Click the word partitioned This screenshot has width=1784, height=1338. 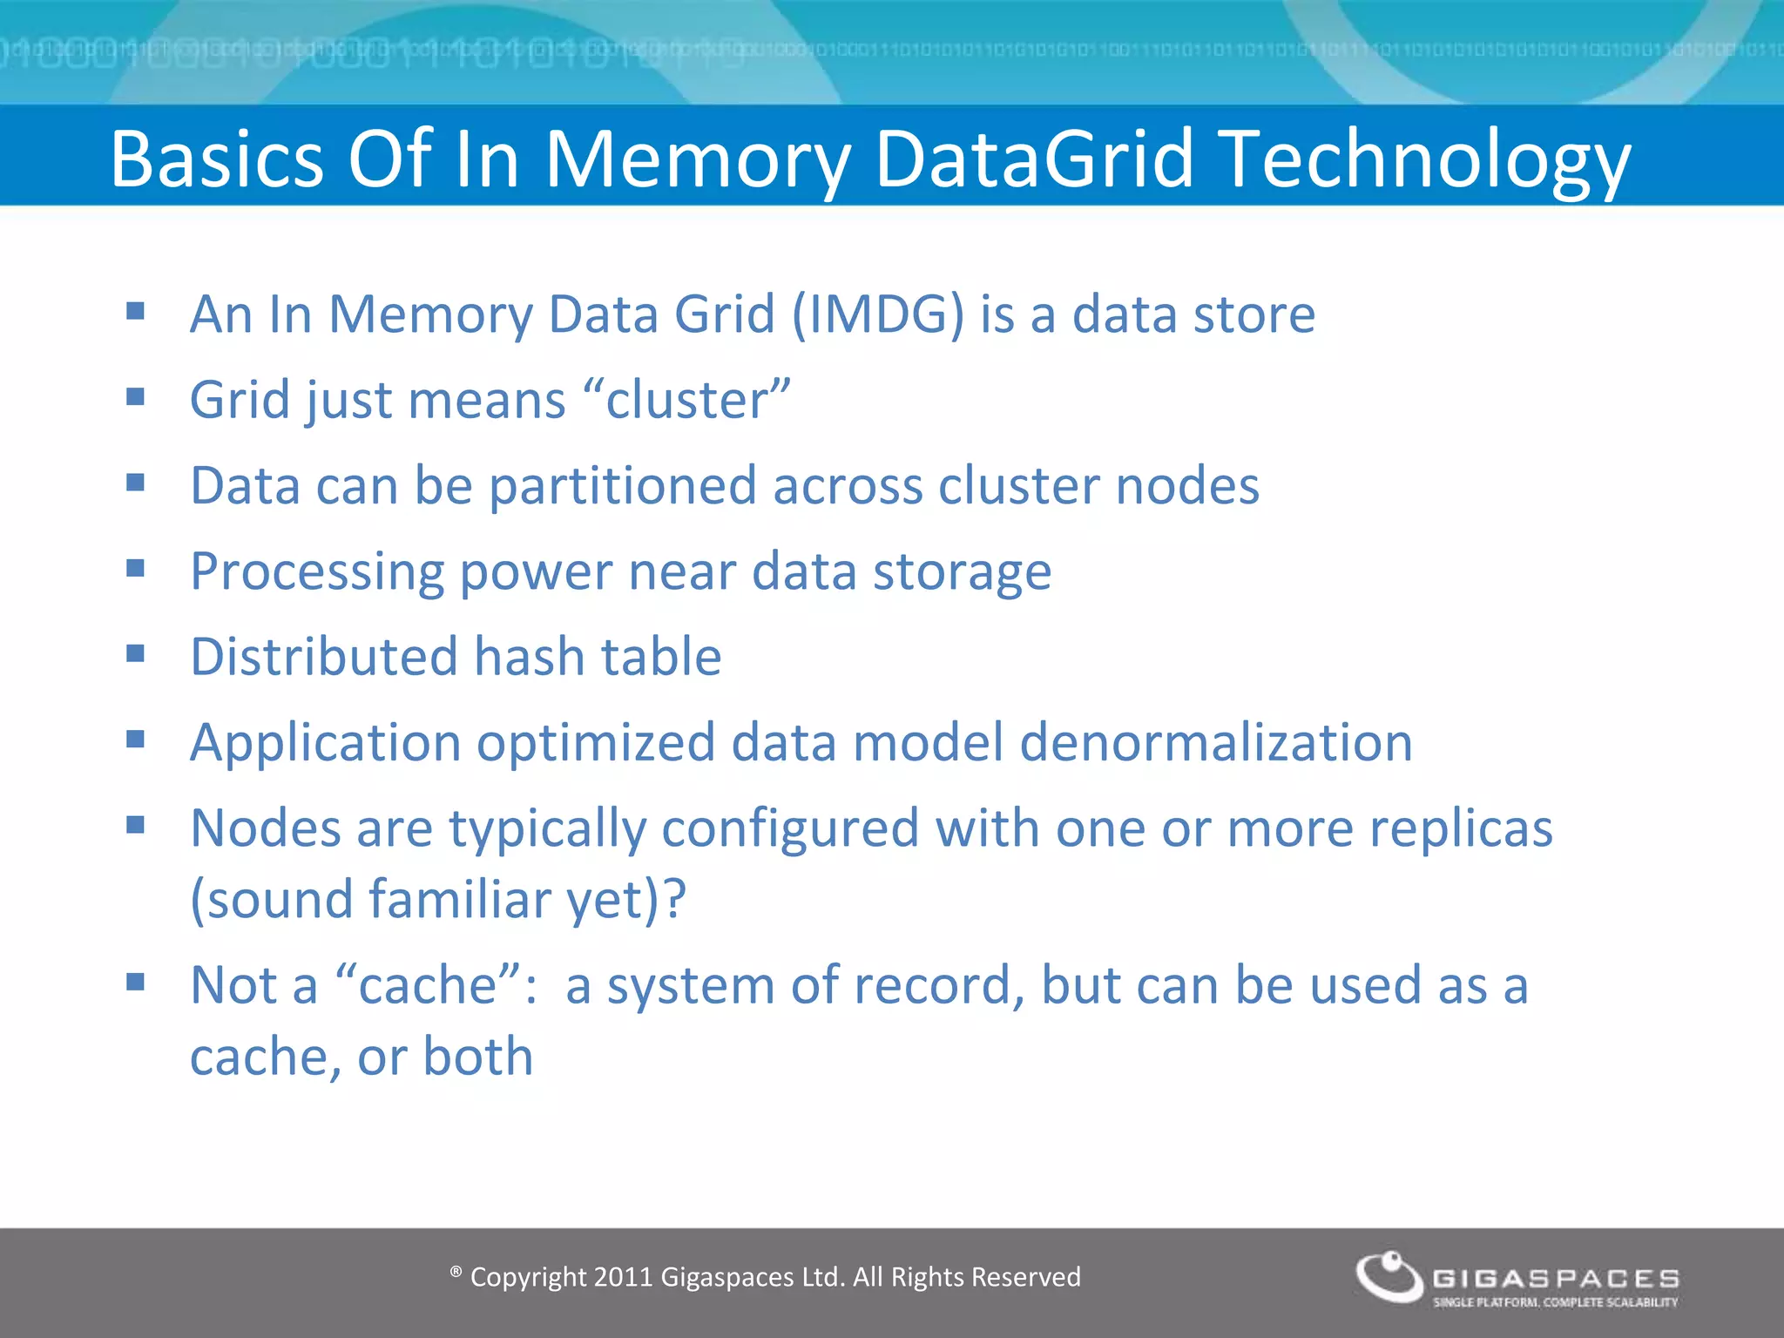pos(623,485)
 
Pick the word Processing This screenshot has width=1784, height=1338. pos(317,571)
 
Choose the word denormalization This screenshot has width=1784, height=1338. pos(1216,742)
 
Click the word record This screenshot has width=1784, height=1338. pos(940,985)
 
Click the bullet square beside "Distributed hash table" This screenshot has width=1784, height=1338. pos(135,653)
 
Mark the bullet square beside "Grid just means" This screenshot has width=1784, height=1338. pos(135,397)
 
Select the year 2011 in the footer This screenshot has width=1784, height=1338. pos(623,1277)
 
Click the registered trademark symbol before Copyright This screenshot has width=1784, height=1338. pos(456,1273)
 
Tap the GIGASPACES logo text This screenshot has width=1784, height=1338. pos(1556,1278)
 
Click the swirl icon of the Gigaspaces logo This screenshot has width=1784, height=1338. pos(1389,1278)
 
